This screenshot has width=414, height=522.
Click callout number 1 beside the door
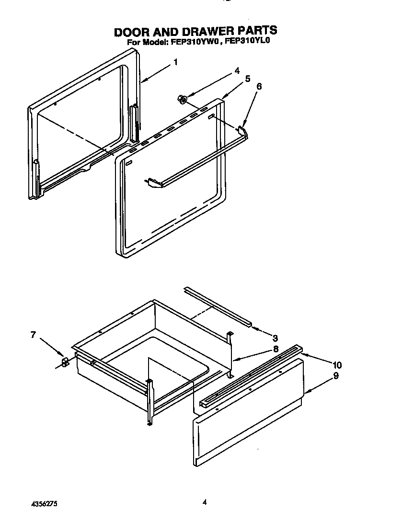[175, 62]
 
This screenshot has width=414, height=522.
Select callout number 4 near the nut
[237, 70]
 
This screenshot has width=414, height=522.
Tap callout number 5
[247, 79]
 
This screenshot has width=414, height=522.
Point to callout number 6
[259, 87]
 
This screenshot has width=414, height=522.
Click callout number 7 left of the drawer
[33, 335]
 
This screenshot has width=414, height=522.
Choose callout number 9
[335, 376]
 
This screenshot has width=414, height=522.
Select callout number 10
[337, 365]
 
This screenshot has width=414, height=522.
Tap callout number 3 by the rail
[275, 338]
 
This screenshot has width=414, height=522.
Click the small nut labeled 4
[182, 99]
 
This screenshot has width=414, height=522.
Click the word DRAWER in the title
[193, 32]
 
